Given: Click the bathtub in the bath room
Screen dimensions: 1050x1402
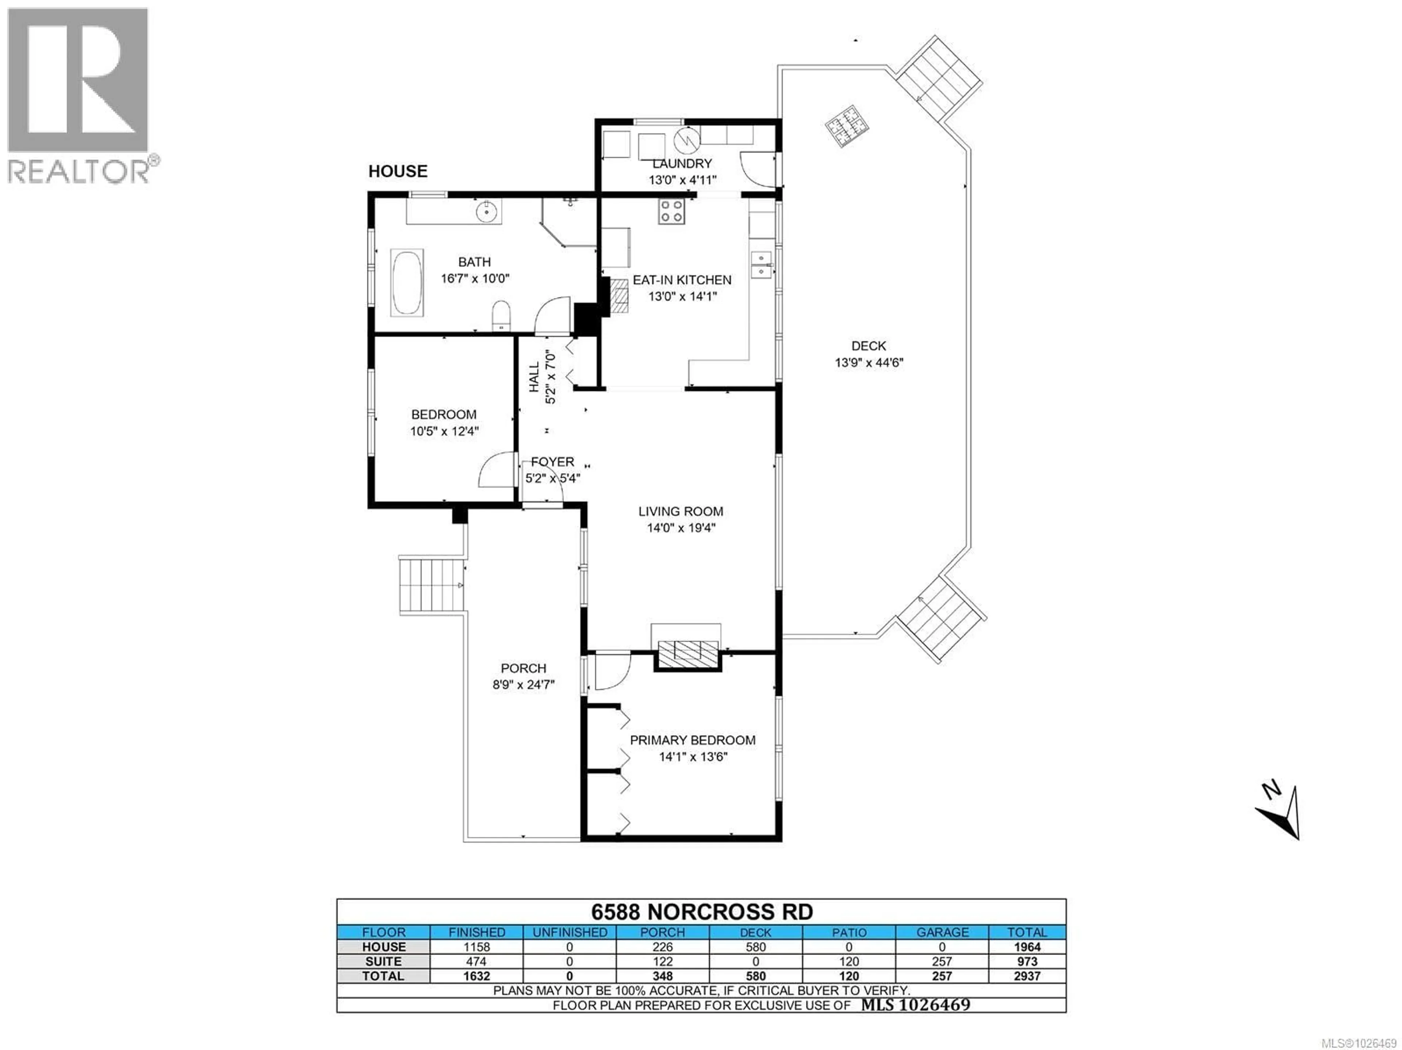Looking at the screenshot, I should (x=407, y=283).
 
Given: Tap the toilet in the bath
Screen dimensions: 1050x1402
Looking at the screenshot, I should (x=501, y=315).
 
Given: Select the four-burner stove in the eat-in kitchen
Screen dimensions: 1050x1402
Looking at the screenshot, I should (x=671, y=211).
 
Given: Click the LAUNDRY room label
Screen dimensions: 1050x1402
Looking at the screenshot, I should (x=682, y=164).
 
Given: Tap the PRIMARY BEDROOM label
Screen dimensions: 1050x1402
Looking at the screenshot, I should (x=692, y=740).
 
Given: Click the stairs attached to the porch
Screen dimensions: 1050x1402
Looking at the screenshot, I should (x=431, y=584).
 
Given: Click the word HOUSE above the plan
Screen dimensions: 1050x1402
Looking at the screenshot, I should (x=398, y=171).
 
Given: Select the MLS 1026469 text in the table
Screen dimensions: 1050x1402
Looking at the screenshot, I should (x=915, y=1005).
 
